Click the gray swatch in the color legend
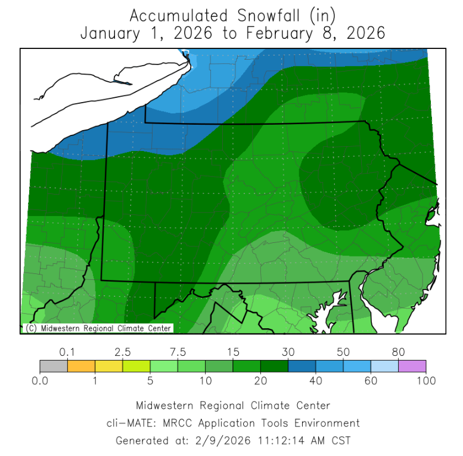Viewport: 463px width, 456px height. (x=54, y=366)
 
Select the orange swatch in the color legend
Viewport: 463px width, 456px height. (x=81, y=366)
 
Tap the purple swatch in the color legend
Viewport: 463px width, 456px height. (x=412, y=366)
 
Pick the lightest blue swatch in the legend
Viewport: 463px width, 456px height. (x=384, y=366)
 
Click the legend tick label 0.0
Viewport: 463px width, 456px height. (x=40, y=380)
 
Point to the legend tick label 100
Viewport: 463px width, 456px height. (x=425, y=380)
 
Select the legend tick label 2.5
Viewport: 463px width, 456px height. (x=123, y=352)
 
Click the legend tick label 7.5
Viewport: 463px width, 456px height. (x=178, y=352)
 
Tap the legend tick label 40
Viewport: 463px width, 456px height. (x=315, y=380)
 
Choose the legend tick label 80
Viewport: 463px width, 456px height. (x=398, y=352)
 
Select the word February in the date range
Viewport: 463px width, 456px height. (x=275, y=33)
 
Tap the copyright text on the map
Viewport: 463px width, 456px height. (x=98, y=328)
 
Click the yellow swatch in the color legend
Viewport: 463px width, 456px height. (x=108, y=366)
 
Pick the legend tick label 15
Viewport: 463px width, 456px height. (x=232, y=352)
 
